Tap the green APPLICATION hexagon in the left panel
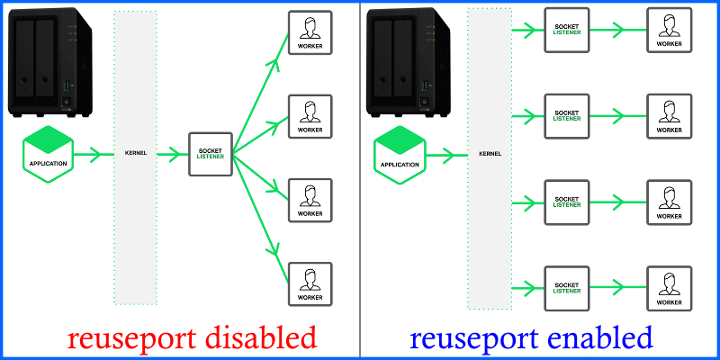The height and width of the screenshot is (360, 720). point(48,155)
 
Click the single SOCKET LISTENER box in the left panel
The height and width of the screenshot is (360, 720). point(210,155)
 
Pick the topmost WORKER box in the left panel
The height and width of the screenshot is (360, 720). point(310,32)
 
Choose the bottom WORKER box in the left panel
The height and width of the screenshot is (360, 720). point(310,284)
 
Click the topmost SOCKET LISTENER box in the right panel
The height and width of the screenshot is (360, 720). point(567,30)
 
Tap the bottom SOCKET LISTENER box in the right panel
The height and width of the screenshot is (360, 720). point(567,285)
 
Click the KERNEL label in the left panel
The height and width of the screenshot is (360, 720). point(135,154)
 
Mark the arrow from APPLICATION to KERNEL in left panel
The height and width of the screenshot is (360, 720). point(88,155)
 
